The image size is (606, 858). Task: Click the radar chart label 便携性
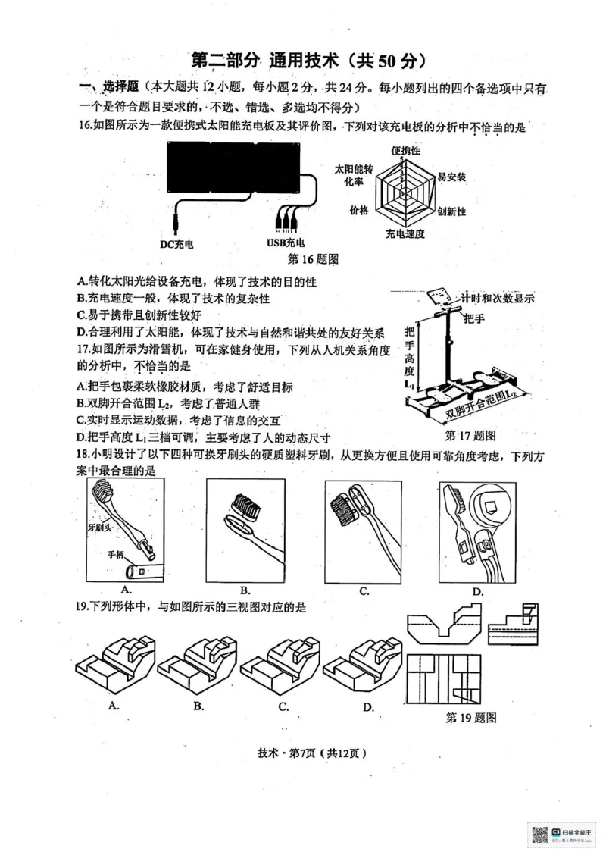[x=405, y=151]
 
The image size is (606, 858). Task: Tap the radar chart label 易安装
[x=451, y=177]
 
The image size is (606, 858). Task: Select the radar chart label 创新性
[x=451, y=210]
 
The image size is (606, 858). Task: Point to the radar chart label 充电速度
[x=405, y=233]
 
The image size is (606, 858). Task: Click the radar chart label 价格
[x=358, y=209]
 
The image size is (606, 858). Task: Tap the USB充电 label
[x=286, y=243]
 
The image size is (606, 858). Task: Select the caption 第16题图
[x=313, y=258]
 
